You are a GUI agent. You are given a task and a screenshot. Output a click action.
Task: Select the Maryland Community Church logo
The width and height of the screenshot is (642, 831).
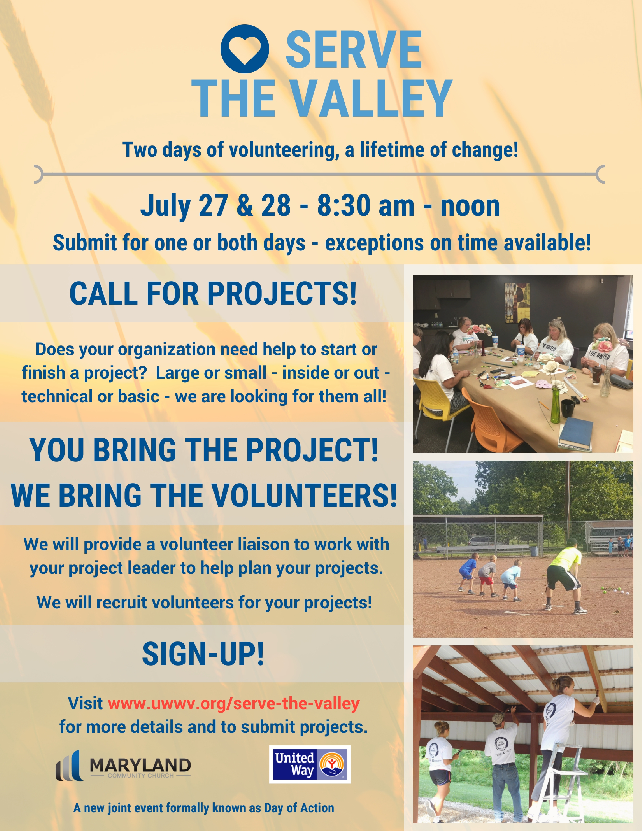123,766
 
